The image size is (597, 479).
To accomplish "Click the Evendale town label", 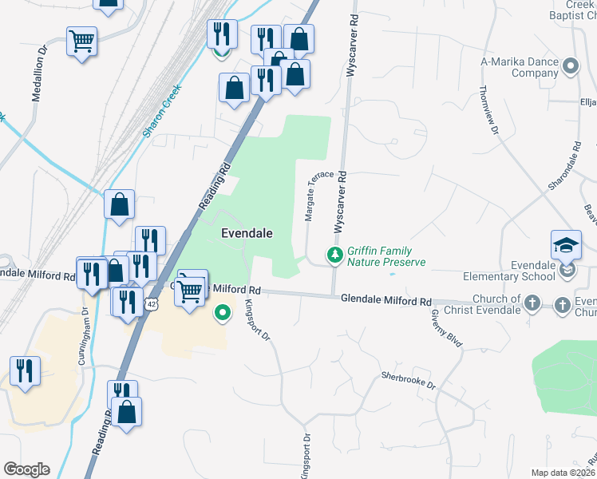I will point(247,233).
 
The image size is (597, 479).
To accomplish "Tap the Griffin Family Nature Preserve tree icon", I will point(335,255).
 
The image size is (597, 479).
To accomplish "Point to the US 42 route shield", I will point(152,303).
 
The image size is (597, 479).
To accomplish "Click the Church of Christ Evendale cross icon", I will point(533,303).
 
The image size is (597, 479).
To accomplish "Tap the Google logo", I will point(26,469).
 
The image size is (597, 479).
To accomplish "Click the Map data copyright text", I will point(563,473).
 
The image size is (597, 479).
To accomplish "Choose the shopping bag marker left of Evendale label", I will point(119,204).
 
